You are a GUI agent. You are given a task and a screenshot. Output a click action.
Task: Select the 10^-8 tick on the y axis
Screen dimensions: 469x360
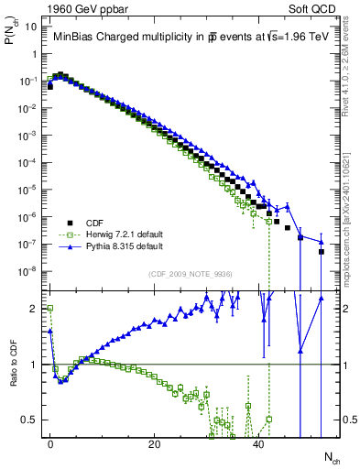coord(27,271)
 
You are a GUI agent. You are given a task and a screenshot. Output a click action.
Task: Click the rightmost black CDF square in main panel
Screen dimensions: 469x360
coord(322,251)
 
